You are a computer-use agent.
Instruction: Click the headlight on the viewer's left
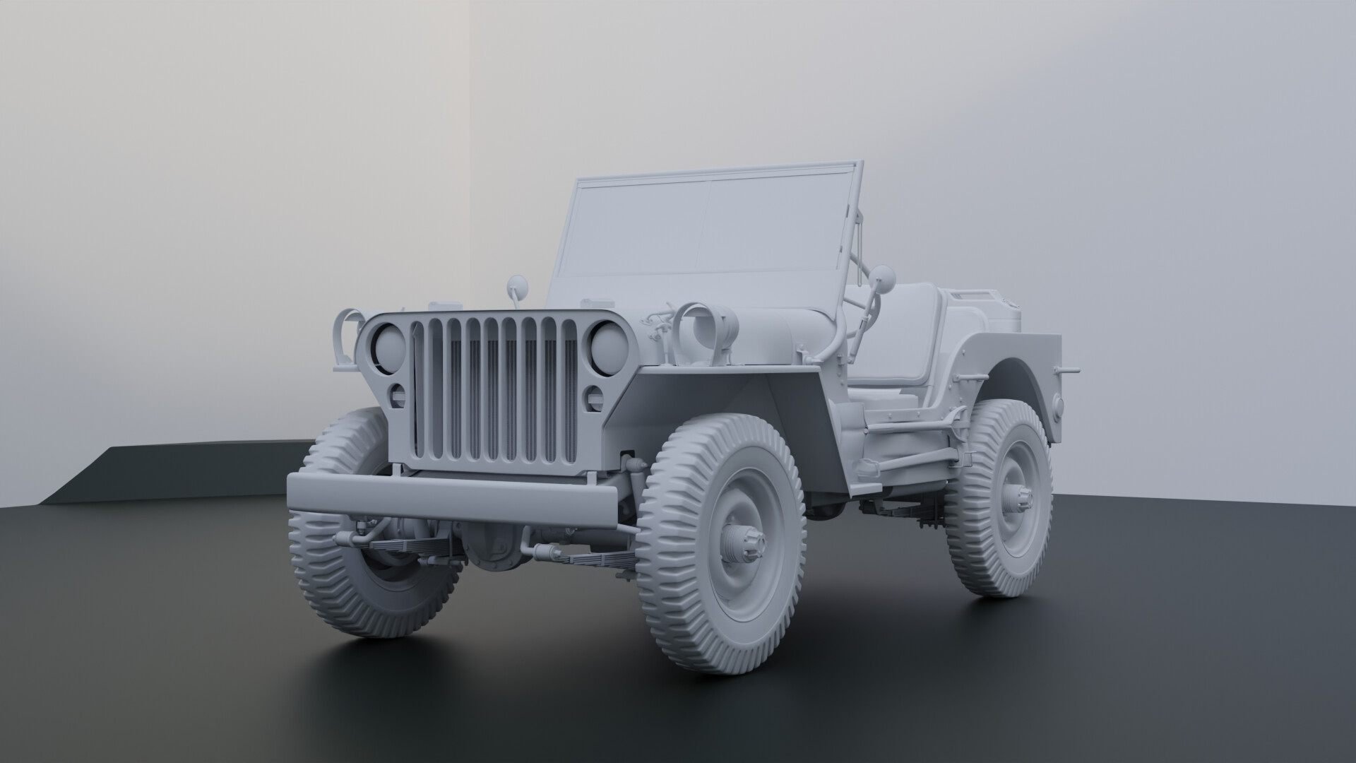coord(389,348)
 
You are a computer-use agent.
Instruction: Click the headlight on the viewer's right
coord(608,347)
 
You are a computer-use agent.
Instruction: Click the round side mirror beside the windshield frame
coord(884,276)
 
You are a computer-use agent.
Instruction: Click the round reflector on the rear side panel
coord(1057,405)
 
